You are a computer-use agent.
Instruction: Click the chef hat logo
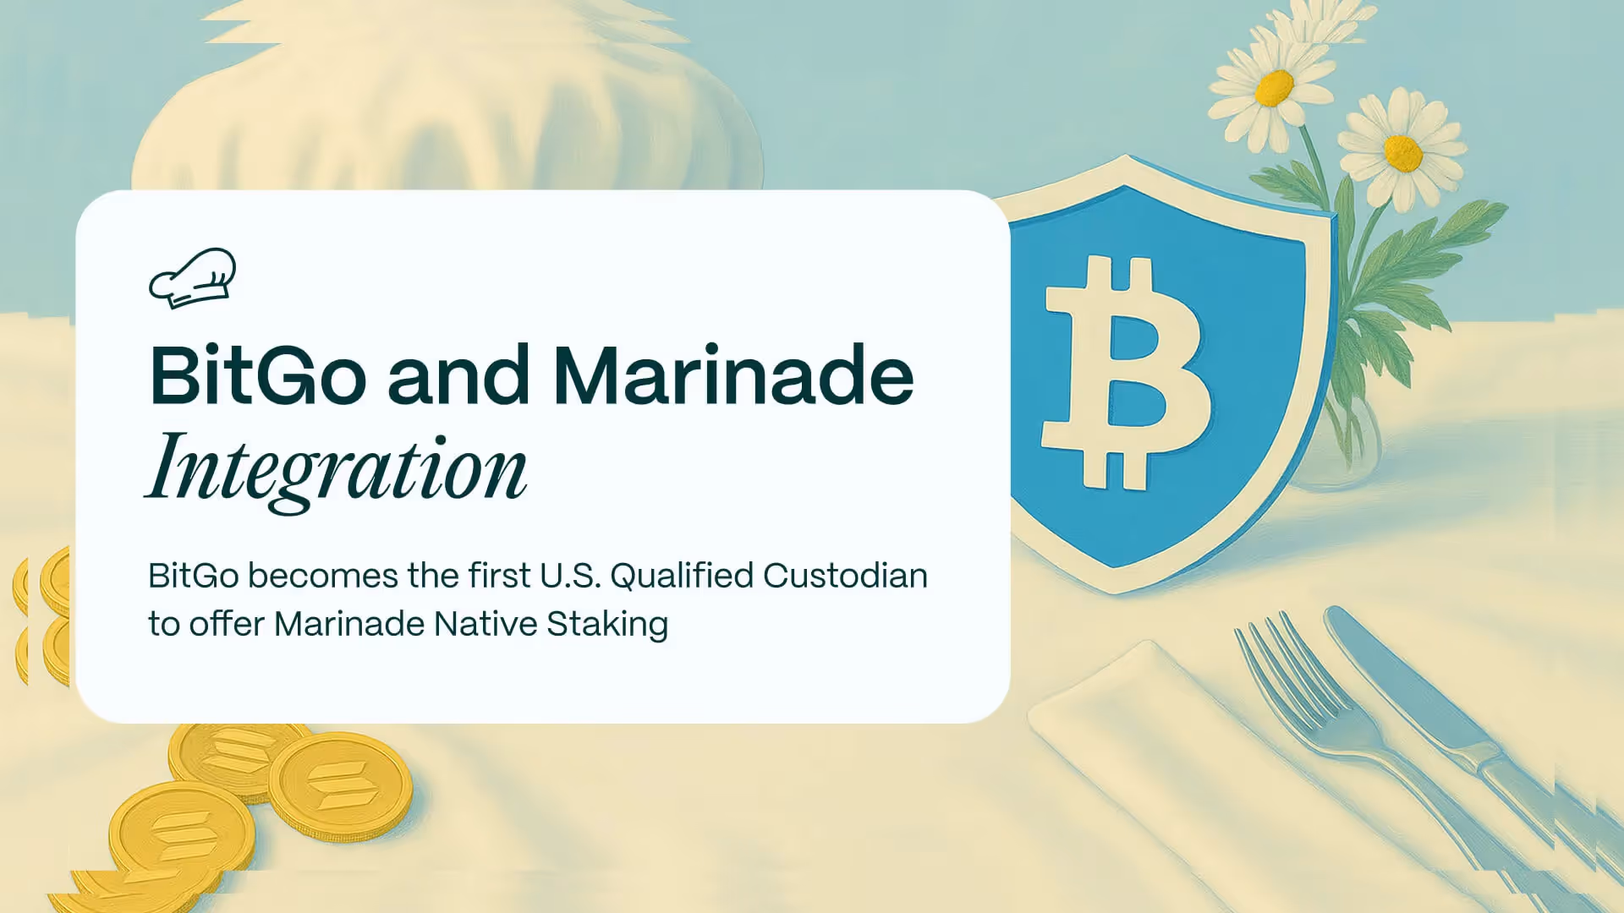[193, 277]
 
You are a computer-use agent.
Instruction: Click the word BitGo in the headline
[257, 375]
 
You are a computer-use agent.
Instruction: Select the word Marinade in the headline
[732, 375]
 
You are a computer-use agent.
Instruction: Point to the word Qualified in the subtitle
[682, 577]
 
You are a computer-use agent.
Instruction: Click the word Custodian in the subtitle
[845, 577]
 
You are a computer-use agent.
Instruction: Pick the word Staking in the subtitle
[607, 625]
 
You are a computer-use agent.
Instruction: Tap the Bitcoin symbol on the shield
[1125, 372]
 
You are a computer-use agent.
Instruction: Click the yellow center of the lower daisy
[1403, 152]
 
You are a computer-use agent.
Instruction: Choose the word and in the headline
[458, 375]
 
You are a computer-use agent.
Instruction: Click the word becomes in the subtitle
[322, 577]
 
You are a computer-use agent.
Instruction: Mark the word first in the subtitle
[499, 577]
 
